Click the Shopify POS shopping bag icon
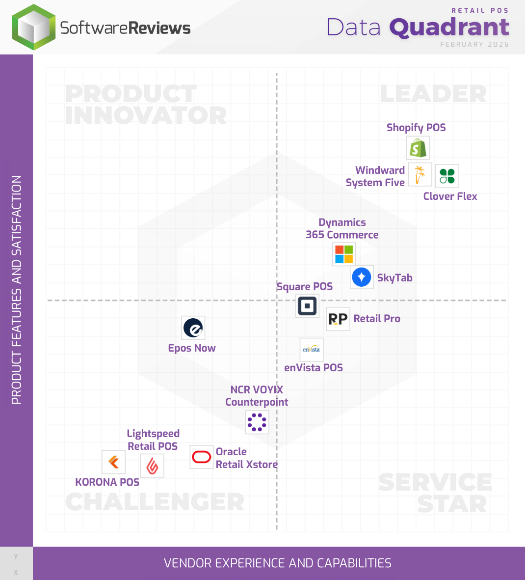coord(418,148)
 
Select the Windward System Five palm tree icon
coord(420,175)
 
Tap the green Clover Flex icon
coord(447,176)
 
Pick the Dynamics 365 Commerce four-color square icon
coord(344,254)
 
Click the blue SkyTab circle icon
coord(362,277)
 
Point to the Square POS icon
coord(307,306)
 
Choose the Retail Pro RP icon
coord(338,319)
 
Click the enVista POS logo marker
coord(312,350)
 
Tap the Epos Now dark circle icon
coord(193,328)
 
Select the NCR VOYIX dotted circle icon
coord(257,422)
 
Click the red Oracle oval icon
coord(201,457)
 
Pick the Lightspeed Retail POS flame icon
coord(152,466)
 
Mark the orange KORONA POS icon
coord(114,462)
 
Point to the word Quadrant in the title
coord(449,28)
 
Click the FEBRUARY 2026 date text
coord(474,44)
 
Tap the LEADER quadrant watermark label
coord(433,94)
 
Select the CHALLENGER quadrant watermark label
coord(155,502)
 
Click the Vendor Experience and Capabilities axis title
coord(278,563)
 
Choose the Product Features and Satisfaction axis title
coord(17,290)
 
